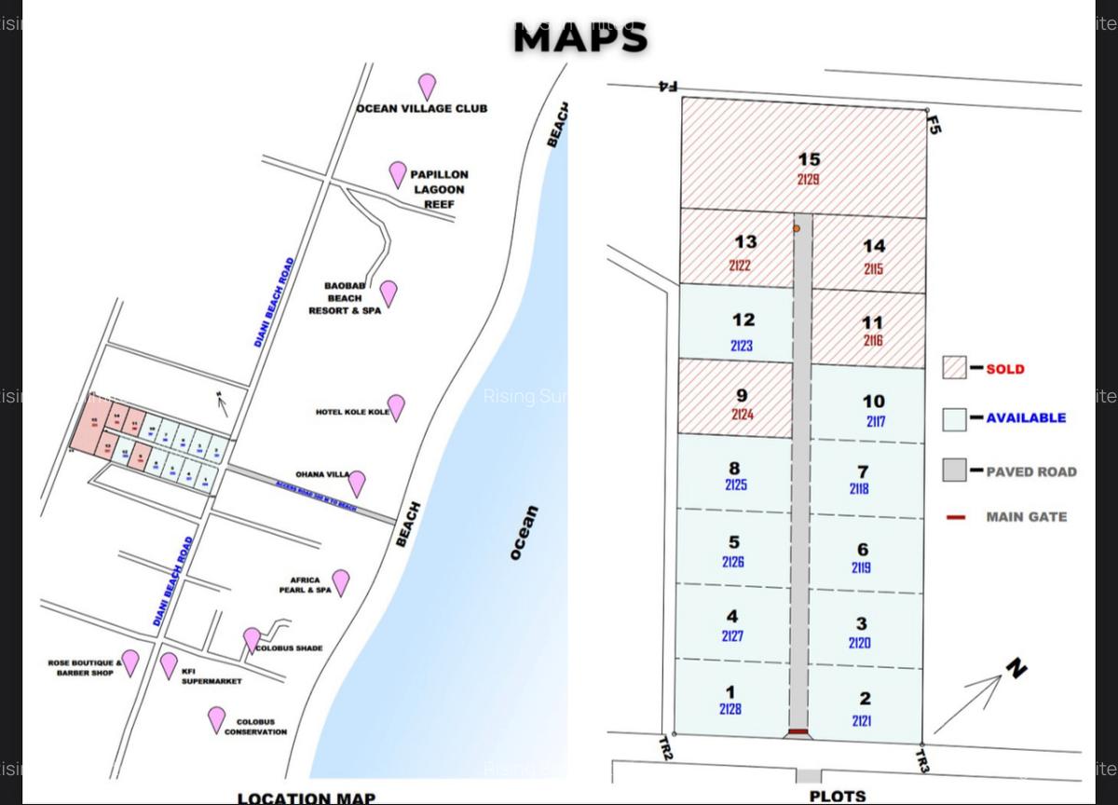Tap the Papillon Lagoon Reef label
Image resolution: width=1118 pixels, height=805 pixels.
click(439, 189)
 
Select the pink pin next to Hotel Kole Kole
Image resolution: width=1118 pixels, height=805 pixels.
click(396, 406)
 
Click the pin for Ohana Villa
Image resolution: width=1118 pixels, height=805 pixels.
click(356, 483)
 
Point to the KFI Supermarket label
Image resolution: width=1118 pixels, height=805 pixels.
click(211, 675)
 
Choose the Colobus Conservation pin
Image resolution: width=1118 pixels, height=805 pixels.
click(216, 718)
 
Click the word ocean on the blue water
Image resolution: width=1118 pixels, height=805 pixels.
click(525, 532)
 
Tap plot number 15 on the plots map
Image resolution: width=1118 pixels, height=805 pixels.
click(809, 159)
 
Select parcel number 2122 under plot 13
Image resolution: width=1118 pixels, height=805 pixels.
click(740, 266)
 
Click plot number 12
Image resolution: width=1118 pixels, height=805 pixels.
click(743, 320)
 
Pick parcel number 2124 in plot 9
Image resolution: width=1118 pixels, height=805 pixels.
click(742, 415)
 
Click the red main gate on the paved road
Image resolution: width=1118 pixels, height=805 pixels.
click(798, 732)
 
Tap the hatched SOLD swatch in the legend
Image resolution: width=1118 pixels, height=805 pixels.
click(954, 368)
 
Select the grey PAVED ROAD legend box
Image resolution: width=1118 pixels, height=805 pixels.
click(954, 471)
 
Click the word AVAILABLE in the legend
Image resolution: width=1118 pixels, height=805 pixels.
click(1026, 418)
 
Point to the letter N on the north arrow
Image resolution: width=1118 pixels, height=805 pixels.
click(1016, 667)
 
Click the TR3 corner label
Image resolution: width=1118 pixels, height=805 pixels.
click(921, 760)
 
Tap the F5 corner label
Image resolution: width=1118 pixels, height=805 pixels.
click(934, 124)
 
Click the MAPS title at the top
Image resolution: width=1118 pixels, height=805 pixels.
click(579, 38)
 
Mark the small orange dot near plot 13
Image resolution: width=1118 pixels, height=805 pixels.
click(797, 228)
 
